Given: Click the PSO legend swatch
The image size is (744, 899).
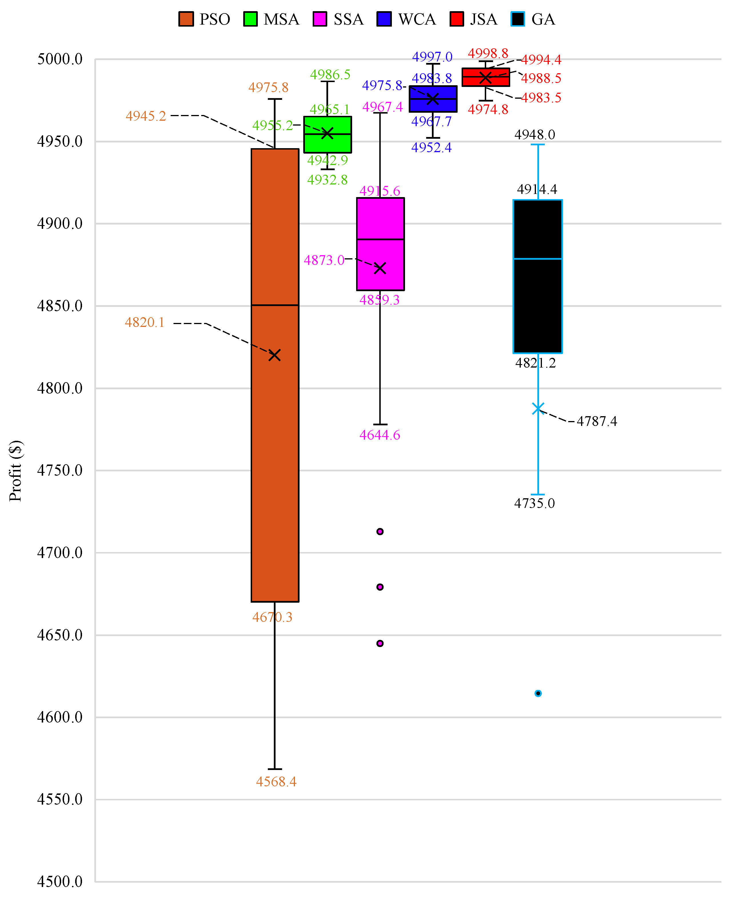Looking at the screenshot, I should coord(186,19).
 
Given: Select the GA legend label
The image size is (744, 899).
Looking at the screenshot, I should coord(543,19).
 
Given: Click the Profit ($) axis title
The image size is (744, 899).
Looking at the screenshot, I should coord(15,471).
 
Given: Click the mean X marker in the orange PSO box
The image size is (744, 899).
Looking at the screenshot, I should coord(274,355).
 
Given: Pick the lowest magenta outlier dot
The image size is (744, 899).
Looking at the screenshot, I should coord(380,643).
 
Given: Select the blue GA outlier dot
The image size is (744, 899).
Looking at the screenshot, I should coord(538,694).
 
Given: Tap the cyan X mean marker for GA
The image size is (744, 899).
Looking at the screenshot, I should coord(538,409).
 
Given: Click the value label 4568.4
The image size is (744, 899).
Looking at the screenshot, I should coord(276,782).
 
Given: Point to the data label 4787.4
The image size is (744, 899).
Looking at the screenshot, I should coord(597,422).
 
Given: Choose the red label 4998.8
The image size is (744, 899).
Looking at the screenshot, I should coord(488,53).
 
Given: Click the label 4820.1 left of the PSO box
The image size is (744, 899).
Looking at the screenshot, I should coord(145,322).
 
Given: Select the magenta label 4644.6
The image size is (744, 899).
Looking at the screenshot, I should coord(380,435).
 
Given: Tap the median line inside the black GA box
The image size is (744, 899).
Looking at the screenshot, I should coord(538,259).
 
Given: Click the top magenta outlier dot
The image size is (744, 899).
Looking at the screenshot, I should coord(380,532).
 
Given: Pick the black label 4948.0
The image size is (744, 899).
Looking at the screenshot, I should coord(534,135).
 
